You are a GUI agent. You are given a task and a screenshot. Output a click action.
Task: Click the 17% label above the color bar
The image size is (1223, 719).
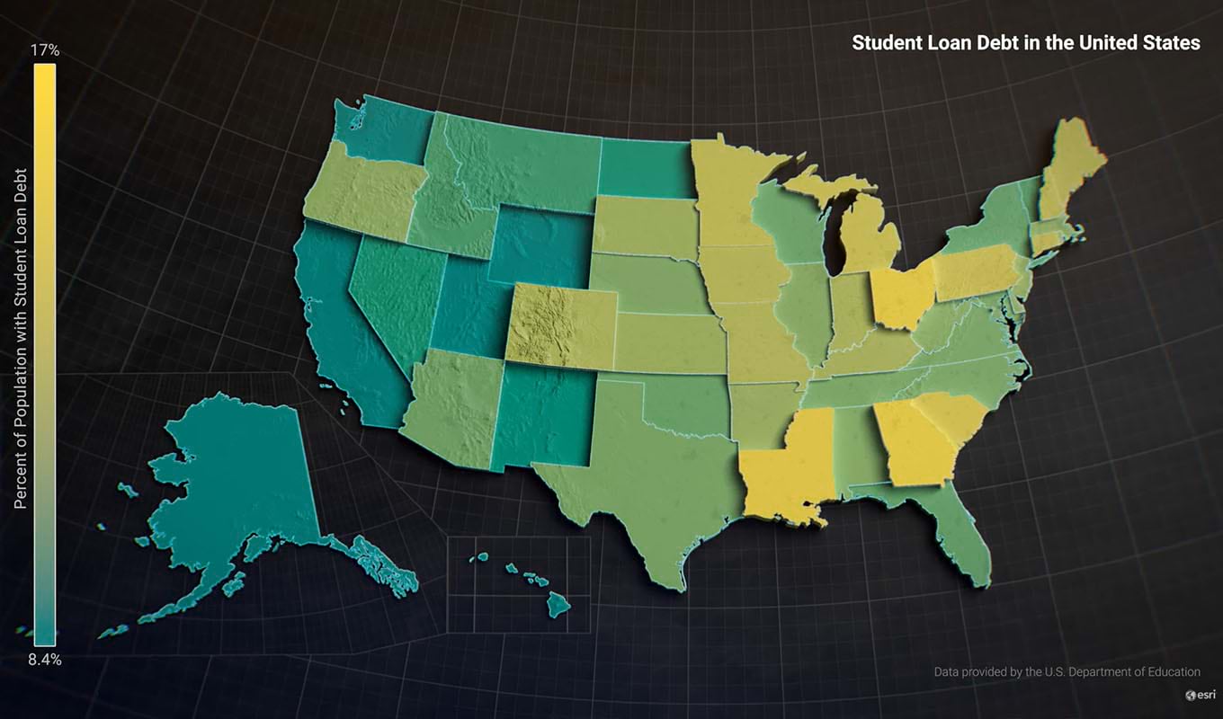pyautogui.click(x=45, y=51)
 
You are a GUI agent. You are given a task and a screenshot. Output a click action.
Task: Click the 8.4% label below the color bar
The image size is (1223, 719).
pyautogui.click(x=45, y=660)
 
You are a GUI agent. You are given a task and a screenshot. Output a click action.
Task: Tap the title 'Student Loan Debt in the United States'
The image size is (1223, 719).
pyautogui.click(x=1025, y=42)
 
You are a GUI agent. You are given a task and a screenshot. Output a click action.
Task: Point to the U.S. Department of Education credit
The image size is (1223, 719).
pyautogui.click(x=1067, y=671)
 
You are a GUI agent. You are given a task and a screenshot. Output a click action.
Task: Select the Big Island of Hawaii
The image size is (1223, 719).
pyautogui.click(x=558, y=605)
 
